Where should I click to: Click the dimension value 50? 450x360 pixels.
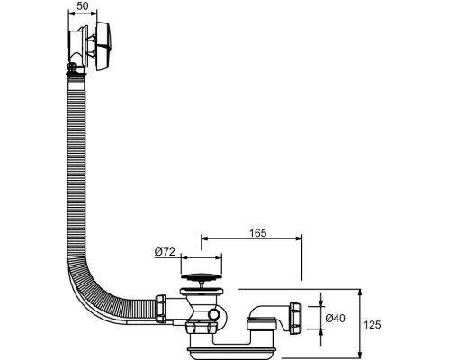(83, 5)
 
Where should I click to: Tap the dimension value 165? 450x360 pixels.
(258, 233)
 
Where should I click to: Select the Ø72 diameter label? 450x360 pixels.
(165, 252)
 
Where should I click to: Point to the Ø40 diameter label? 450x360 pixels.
(336, 318)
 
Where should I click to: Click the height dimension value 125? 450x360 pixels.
(373, 325)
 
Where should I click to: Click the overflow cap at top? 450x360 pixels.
(103, 46)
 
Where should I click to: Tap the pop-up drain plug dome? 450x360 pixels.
(202, 276)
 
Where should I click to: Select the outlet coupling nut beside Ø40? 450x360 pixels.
(295, 319)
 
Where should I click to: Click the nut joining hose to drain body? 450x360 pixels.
(161, 309)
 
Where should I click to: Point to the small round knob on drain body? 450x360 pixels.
(214, 314)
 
